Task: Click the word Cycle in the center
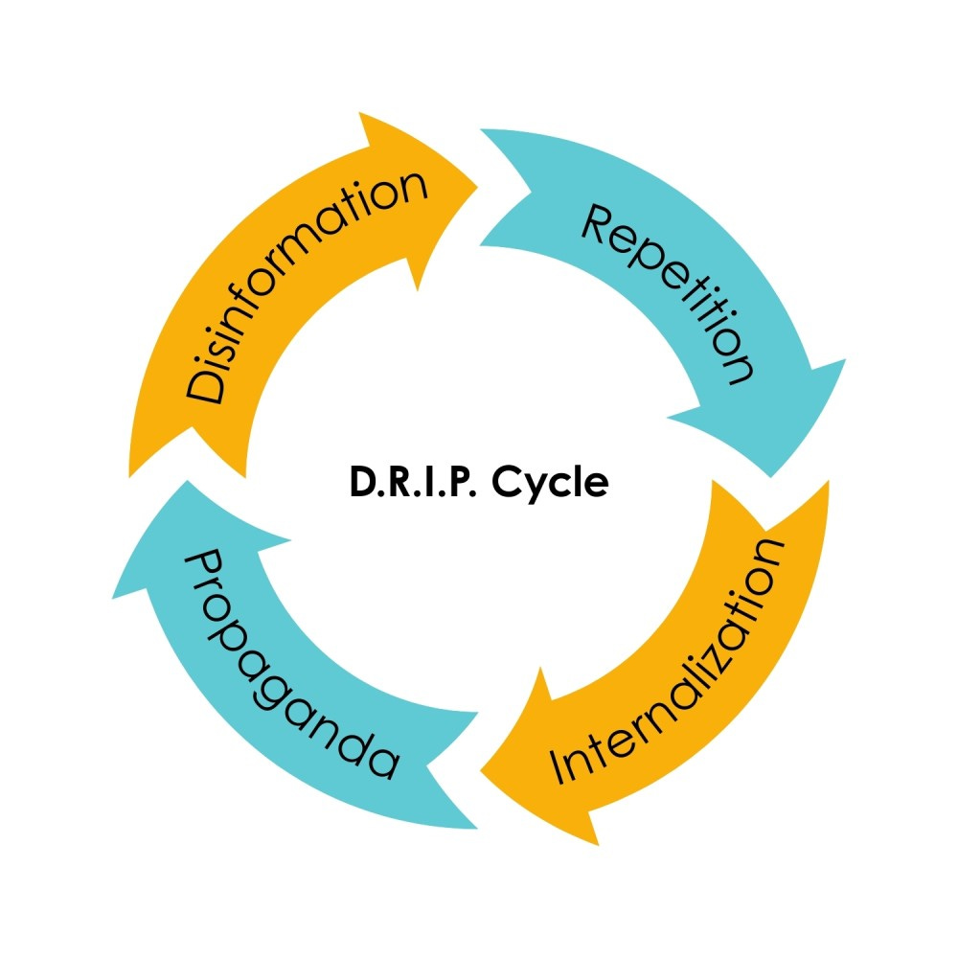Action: [550, 483]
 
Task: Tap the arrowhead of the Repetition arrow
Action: [776, 422]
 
